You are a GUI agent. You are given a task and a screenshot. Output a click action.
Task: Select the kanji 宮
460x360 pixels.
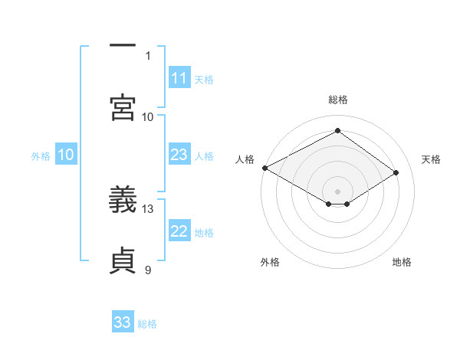(x=123, y=106)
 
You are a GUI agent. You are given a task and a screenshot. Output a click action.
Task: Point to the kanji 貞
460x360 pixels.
(x=123, y=261)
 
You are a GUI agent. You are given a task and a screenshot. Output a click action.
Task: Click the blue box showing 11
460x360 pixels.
(x=179, y=78)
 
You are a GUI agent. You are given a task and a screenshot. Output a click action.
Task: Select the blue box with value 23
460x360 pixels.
(x=179, y=155)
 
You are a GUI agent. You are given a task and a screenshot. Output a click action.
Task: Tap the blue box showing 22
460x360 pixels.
(x=179, y=232)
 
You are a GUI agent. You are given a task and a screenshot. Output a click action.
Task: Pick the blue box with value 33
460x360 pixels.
(x=123, y=322)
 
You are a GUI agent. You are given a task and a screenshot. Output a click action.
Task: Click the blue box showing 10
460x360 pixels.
(x=66, y=155)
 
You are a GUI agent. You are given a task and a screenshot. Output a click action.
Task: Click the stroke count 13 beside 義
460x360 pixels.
(x=148, y=208)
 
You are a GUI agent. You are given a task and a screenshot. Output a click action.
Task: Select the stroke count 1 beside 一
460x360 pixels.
(x=147, y=55)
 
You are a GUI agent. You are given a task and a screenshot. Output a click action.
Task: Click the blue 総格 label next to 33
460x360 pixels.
(x=147, y=324)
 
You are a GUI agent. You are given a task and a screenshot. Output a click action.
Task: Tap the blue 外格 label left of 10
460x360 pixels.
(x=41, y=156)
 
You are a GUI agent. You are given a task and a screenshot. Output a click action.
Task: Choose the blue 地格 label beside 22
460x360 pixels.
(x=204, y=233)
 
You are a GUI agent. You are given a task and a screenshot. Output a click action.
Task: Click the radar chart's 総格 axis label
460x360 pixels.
(x=337, y=100)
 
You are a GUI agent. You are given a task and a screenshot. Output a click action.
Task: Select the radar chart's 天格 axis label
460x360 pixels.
(x=431, y=159)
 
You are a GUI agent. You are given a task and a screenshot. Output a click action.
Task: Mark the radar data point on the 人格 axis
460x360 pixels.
(x=264, y=167)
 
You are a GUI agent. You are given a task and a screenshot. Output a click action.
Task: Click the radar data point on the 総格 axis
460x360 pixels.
(x=337, y=130)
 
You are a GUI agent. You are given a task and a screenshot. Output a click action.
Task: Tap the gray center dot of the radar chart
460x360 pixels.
(x=337, y=191)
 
